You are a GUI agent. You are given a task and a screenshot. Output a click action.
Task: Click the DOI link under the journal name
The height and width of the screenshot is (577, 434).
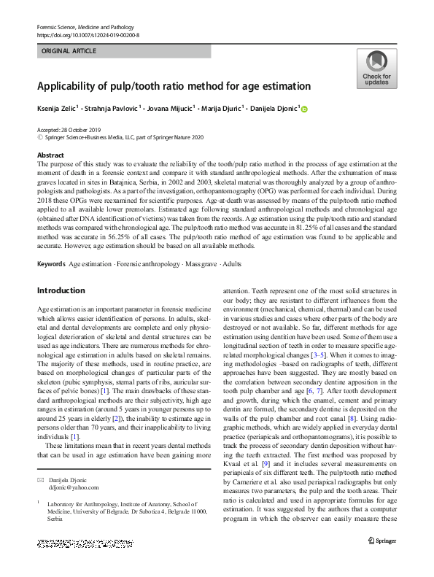pos(88,35)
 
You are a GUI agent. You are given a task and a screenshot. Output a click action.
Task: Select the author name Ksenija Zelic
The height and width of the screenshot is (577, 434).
pos(56,109)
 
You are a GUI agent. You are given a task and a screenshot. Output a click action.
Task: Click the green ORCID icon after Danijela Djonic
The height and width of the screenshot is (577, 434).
pos(304,109)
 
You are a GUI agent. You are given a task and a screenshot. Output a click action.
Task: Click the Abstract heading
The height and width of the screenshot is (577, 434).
pos(50,156)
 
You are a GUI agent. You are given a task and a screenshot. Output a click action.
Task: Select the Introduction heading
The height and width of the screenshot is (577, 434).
pos(61,290)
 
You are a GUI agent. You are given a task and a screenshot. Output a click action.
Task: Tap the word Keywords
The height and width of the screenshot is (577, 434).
pos(51,263)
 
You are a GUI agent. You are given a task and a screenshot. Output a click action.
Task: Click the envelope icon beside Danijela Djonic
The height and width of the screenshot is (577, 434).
pos(42,480)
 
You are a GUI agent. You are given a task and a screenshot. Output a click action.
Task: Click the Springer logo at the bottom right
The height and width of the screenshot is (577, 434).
pos(381,540)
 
